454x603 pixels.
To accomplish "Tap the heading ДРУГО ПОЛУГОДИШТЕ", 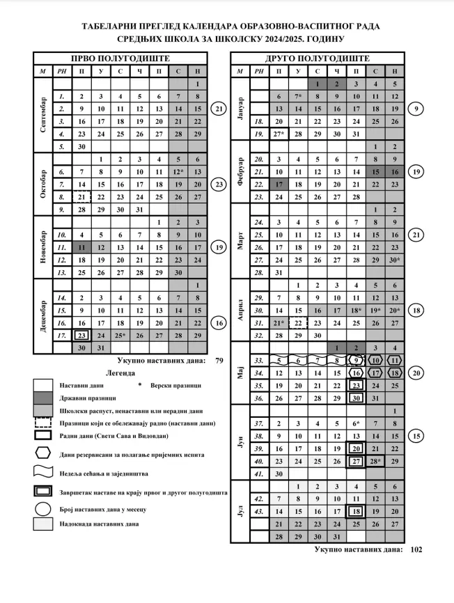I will pos(318,58).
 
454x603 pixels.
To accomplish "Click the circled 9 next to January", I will pos(416,109).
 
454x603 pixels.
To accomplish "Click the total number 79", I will pos(218,360).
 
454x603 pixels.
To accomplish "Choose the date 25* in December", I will pos(120,335).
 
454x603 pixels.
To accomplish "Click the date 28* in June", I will pos(375,461).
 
